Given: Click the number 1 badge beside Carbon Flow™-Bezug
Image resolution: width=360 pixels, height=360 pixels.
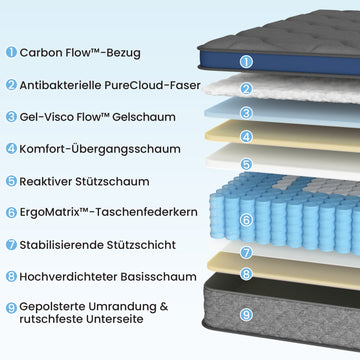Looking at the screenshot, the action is (11, 52).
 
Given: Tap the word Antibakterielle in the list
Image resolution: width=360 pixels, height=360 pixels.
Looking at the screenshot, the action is (60, 85).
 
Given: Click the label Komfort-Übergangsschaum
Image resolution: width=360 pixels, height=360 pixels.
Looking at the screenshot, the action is (100, 149).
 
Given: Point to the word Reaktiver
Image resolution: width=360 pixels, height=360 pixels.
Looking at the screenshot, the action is (46, 181).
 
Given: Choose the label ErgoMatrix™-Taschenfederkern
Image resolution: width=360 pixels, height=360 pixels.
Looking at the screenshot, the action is (108, 212).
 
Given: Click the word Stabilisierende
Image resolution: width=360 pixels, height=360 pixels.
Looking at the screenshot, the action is (62, 245).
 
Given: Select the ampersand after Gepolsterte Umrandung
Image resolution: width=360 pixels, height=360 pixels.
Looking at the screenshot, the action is (164, 306).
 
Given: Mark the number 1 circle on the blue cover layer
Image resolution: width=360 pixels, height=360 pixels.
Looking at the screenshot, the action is (246, 62).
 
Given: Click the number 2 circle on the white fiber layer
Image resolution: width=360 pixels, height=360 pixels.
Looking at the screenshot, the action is (246, 89).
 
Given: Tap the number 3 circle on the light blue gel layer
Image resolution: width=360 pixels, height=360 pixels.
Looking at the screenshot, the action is (246, 113).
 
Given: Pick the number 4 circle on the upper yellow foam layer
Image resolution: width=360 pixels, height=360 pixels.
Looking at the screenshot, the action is (246, 137).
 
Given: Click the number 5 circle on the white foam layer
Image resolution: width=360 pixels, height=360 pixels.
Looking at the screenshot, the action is (246, 164).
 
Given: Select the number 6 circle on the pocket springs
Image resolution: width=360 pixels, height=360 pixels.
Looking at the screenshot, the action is (246, 220).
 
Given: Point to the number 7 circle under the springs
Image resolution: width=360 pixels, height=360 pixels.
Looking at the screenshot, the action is (246, 252).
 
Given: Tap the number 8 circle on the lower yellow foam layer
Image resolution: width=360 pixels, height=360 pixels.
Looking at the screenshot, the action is (246, 274).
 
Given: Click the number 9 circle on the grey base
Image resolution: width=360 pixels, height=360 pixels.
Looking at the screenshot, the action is (246, 315).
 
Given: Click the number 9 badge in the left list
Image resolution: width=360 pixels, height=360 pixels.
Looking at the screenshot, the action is (11, 308).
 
